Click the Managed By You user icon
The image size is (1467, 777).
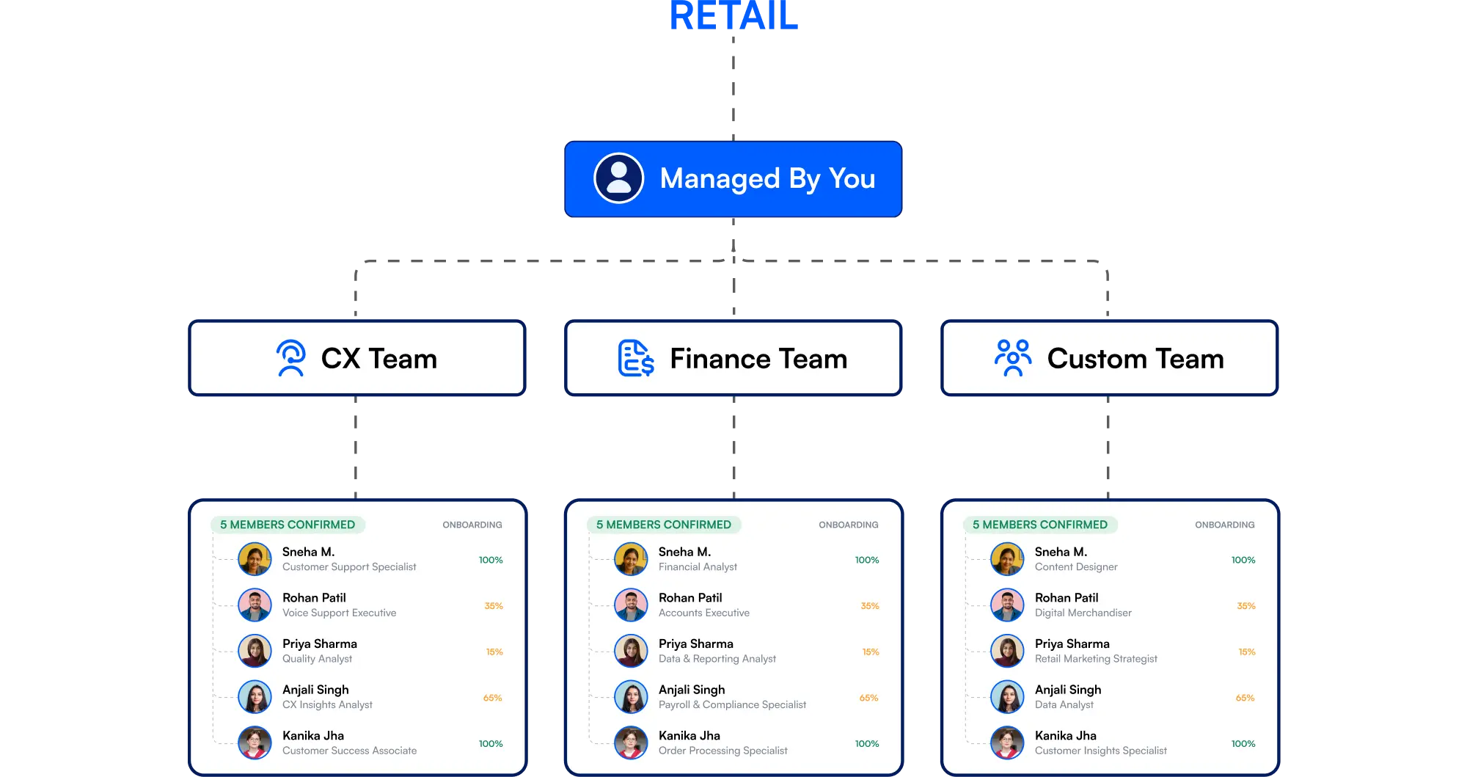[x=618, y=178]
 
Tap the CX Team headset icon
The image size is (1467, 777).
[x=291, y=358]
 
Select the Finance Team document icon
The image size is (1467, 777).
[x=635, y=358]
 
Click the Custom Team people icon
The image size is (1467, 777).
[x=1013, y=358]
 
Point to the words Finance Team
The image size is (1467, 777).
[x=758, y=359]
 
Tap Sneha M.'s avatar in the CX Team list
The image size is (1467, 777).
[x=255, y=559]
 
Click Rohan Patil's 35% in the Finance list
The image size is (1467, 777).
[x=870, y=606]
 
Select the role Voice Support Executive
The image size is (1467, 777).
[x=339, y=613]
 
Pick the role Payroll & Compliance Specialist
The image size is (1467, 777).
[x=732, y=704]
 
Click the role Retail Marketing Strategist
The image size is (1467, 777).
[x=1096, y=659]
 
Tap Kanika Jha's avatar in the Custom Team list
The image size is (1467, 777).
[x=1007, y=743]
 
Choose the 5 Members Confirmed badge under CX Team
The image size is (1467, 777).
[x=288, y=525]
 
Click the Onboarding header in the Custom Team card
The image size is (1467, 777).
[x=1224, y=525]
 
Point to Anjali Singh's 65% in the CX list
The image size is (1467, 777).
[x=493, y=698]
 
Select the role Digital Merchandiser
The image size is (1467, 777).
[x=1083, y=613]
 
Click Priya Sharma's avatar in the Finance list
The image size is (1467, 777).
[x=631, y=651]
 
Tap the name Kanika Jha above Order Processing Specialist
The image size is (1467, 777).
[x=689, y=735]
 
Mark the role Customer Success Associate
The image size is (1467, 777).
[x=349, y=751]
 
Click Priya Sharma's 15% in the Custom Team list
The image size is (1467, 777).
[x=1247, y=652]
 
